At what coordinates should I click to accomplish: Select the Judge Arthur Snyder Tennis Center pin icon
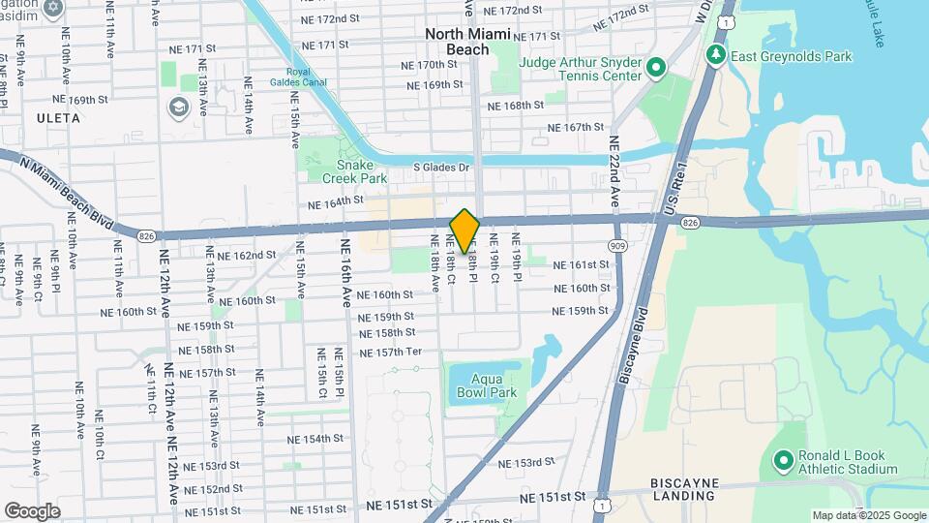tap(655, 68)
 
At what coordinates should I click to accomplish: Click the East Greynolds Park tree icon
tap(716, 54)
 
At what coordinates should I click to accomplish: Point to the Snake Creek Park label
tap(340, 171)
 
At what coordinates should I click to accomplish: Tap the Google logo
tap(32, 510)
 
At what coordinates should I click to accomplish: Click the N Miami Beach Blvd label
tap(72, 193)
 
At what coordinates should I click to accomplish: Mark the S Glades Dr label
tap(440, 167)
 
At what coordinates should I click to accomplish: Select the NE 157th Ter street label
tap(390, 352)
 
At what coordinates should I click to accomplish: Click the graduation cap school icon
tap(179, 106)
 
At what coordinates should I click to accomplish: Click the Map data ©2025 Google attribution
tap(868, 515)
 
